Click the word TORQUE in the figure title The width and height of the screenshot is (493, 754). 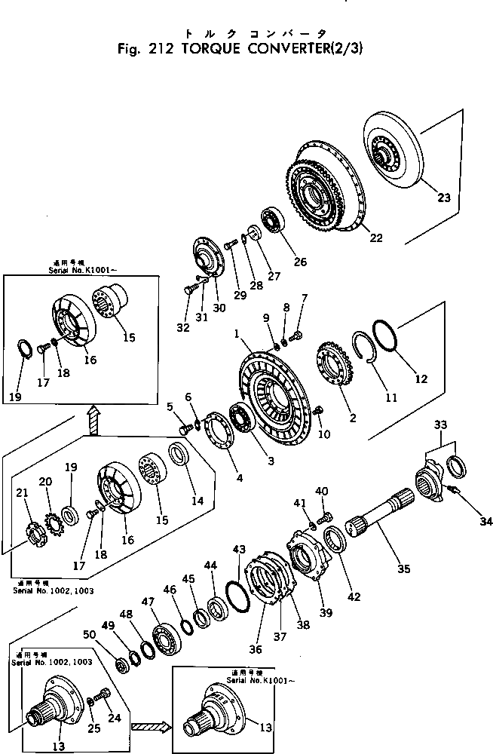pyautogui.click(x=207, y=51)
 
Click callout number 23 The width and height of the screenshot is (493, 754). pyautogui.click(x=444, y=198)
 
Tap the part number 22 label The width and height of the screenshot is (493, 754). pyautogui.click(x=375, y=238)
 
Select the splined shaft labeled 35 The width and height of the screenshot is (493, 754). pyautogui.click(x=381, y=517)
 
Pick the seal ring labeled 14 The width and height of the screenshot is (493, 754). pyautogui.click(x=180, y=456)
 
